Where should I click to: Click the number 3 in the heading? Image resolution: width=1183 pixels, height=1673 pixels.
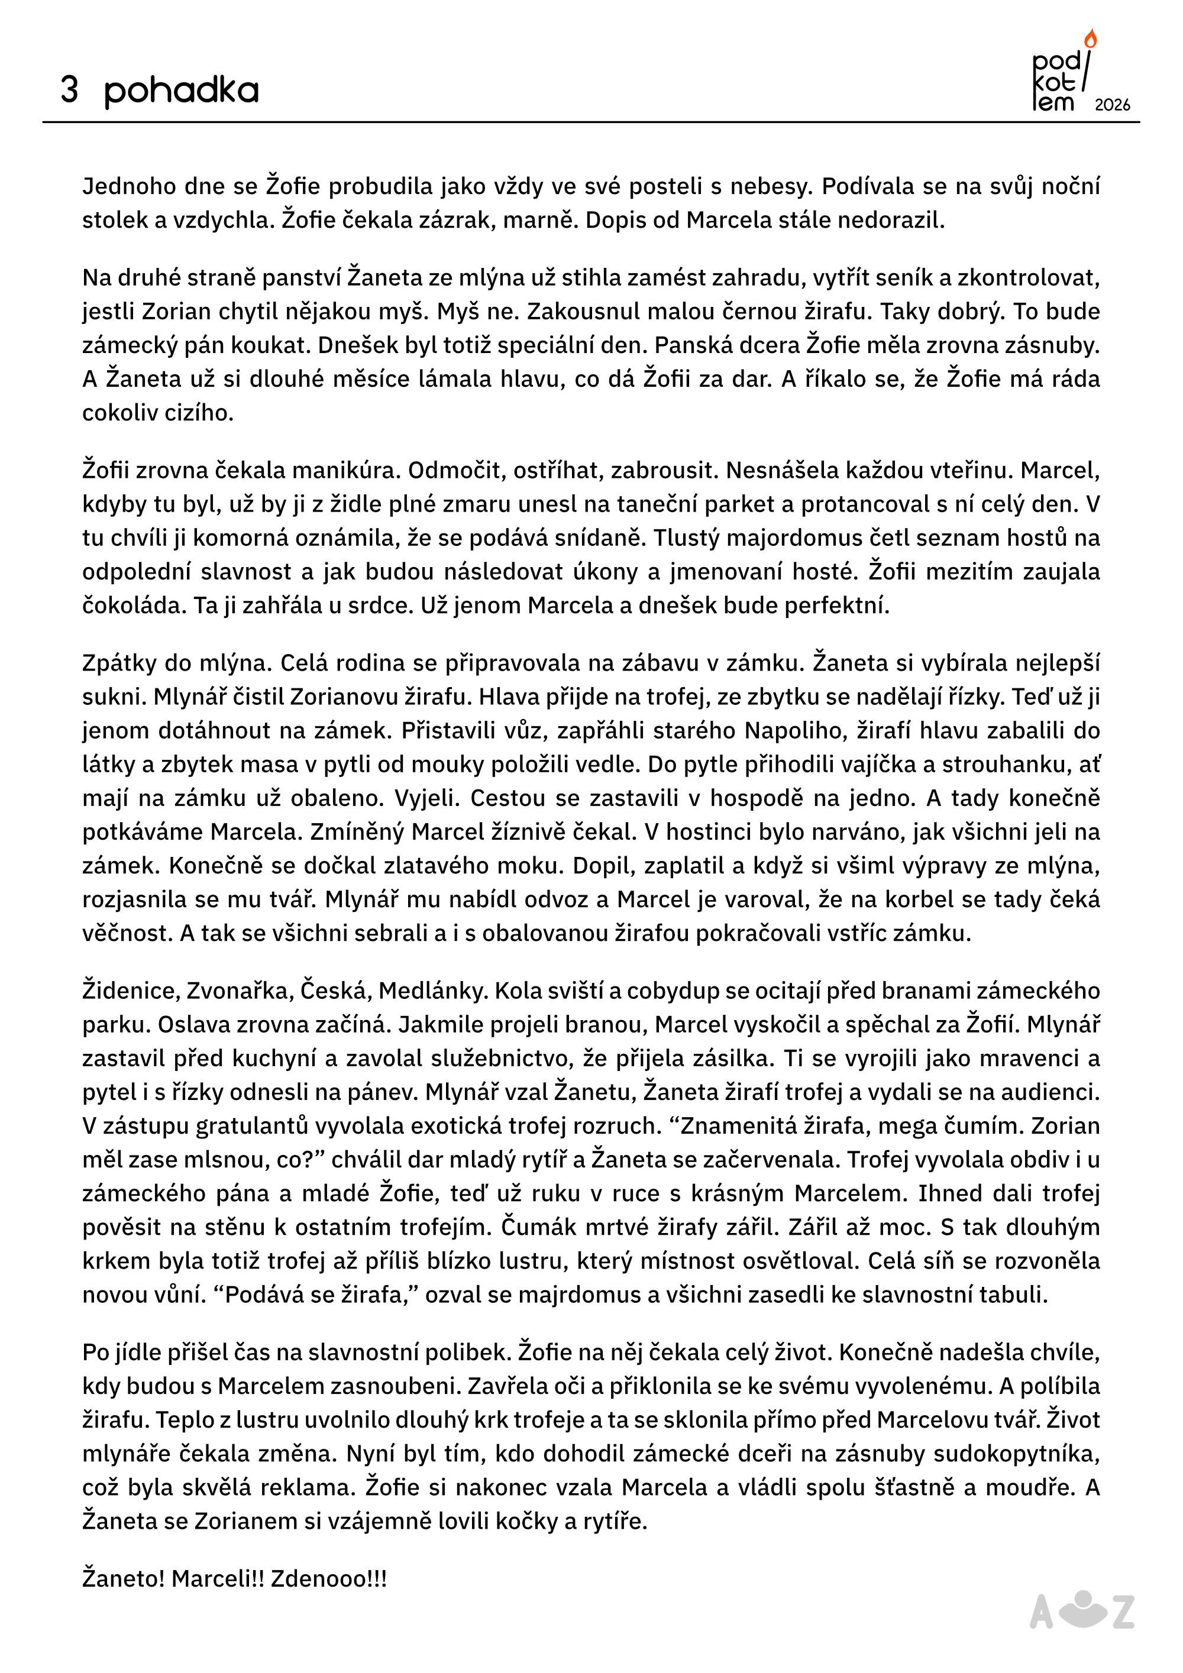69,90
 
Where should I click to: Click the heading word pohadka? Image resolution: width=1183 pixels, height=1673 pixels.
181,90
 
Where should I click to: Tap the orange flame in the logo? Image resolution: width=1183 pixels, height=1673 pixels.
1090,38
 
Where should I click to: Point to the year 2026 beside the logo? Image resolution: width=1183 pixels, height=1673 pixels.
1112,105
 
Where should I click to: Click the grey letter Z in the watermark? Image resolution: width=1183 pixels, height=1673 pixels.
1123,1613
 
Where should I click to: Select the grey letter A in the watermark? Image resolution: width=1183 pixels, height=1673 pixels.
1041,1613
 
